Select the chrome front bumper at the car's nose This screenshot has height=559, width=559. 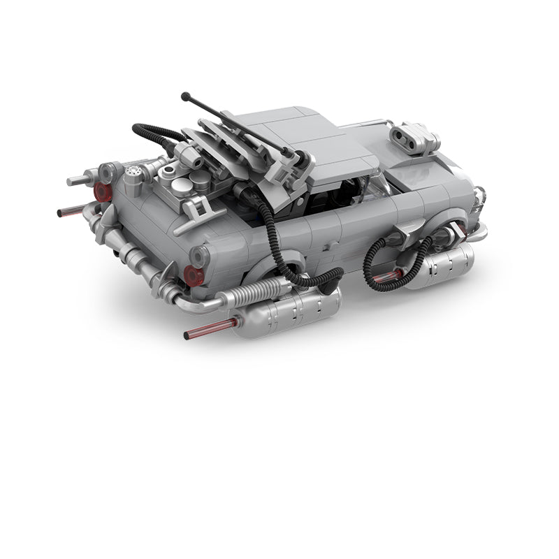pyautogui.click(x=479, y=210)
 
